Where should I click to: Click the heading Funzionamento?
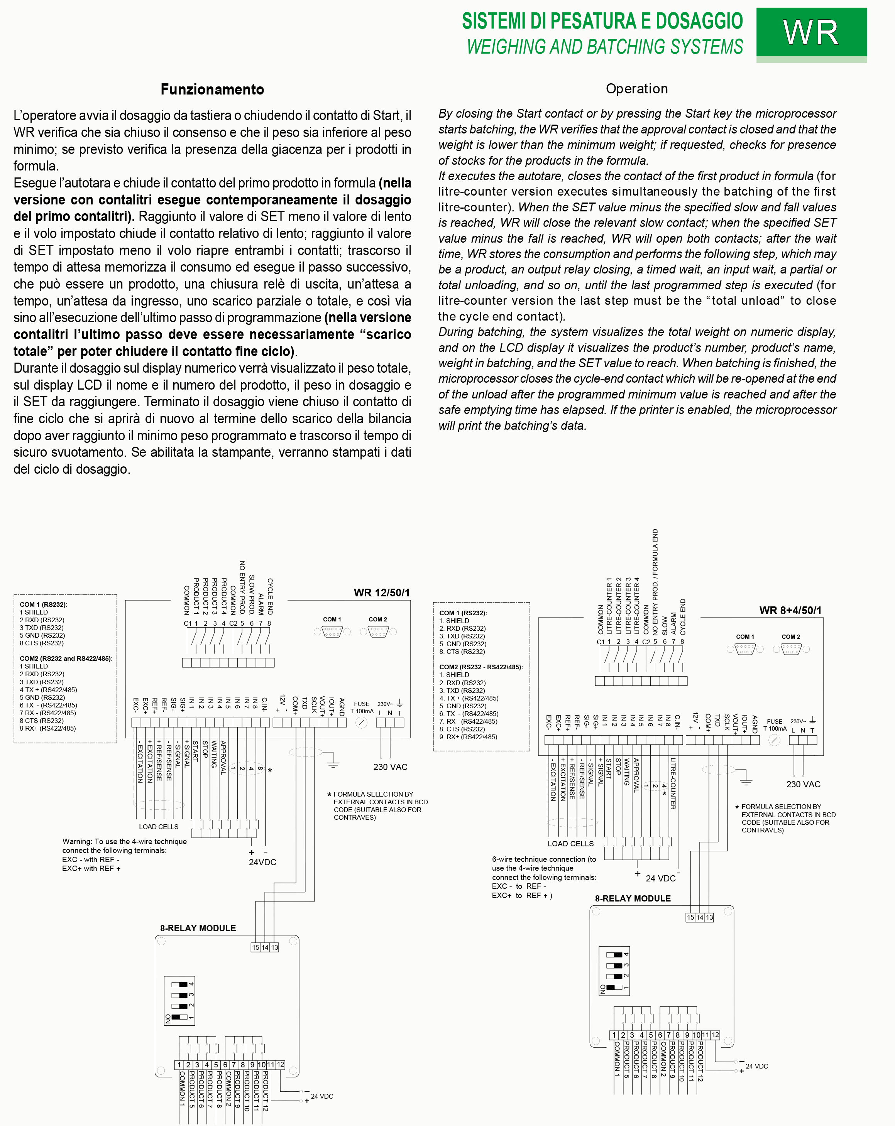coord(212,89)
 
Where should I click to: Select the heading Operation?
coord(636,89)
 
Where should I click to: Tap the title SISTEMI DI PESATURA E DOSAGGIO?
coord(602,21)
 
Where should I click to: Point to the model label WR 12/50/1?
coord(381,593)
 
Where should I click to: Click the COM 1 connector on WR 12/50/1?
coord(332,632)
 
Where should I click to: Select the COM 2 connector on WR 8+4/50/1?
coord(791,649)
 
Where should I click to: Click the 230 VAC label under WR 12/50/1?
coord(390,767)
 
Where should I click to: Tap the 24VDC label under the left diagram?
coord(262,862)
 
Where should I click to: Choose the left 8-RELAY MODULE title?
coord(198,928)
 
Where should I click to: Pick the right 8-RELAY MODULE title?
coord(633,898)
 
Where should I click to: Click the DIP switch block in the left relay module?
coord(180,1000)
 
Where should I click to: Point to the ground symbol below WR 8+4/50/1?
coord(746,782)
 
